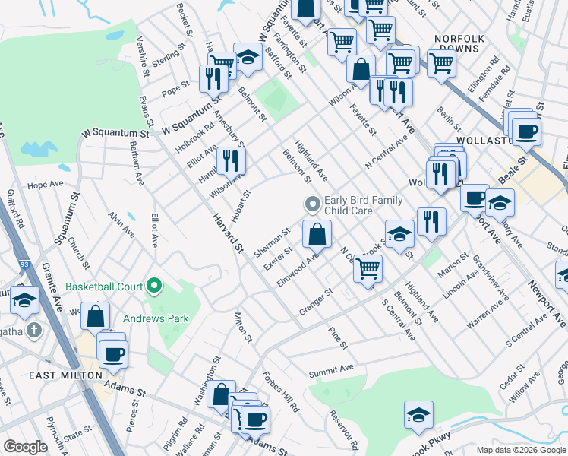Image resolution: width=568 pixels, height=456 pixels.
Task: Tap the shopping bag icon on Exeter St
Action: point(317,235)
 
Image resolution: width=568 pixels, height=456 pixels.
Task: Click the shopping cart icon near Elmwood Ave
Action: point(368,268)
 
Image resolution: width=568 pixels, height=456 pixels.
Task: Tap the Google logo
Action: point(25,447)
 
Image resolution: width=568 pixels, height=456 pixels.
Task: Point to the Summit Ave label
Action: point(331,369)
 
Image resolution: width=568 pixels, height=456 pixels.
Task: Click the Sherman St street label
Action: point(273,242)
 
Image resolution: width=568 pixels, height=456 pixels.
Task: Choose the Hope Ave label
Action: point(45,185)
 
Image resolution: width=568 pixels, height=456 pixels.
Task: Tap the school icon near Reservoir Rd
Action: point(418,414)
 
